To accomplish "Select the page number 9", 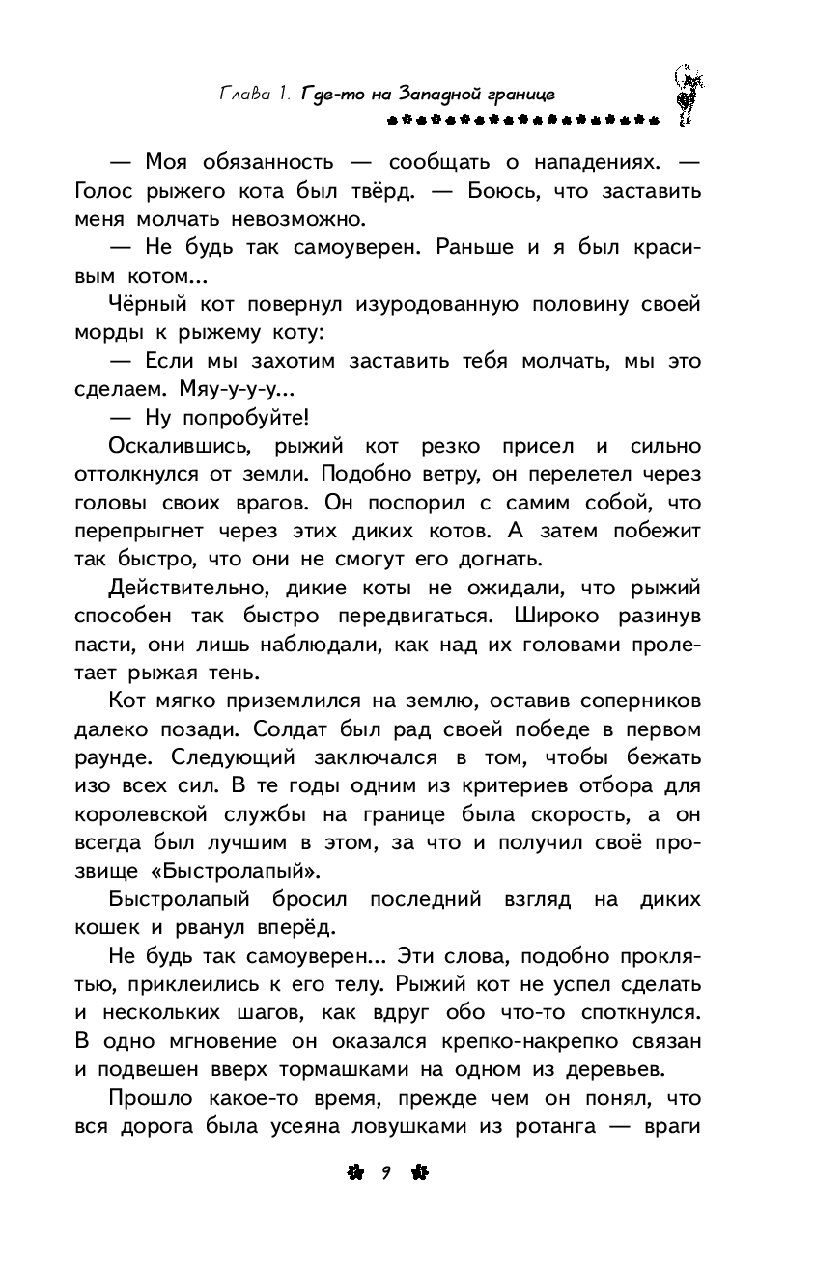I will (x=383, y=1172).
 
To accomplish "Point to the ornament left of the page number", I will (x=354, y=1172).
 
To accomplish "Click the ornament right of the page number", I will (x=417, y=1172).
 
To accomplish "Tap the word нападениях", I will (x=586, y=159).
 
